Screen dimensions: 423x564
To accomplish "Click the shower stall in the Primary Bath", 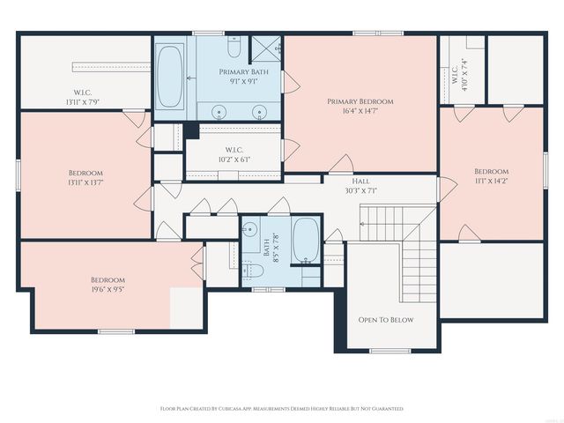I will (264, 48).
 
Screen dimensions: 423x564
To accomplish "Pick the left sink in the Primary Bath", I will (219, 111).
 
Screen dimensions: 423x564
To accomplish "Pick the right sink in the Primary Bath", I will (259, 111).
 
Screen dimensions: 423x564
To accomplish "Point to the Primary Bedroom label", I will (360, 101).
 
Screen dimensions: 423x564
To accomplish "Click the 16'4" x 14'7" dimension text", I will (360, 112).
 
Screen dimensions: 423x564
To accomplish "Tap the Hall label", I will (360, 180).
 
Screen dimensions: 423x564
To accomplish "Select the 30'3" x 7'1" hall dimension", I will (360, 190).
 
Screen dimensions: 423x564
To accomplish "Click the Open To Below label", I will (385, 319).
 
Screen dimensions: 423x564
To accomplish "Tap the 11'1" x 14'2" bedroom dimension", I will (491, 182).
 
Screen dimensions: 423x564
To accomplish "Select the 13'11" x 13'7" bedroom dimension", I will (85, 183).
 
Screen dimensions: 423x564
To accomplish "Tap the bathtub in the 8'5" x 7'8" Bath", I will (306, 241).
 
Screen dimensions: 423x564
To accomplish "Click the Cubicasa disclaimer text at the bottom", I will (281, 409).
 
